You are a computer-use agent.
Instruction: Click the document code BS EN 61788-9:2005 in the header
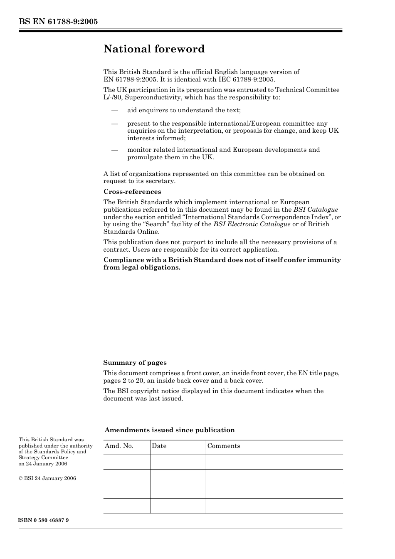pyautogui.click(x=58, y=22)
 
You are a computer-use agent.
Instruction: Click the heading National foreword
pyautogui.click(x=154, y=49)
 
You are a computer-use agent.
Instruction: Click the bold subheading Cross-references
pyautogui.click(x=132, y=192)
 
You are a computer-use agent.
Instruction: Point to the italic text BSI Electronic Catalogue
pyautogui.click(x=252, y=224)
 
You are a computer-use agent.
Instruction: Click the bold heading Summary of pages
pyautogui.click(x=135, y=363)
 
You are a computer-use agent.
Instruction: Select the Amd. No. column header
pyautogui.click(x=119, y=446)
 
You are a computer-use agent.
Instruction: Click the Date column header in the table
pyautogui.click(x=159, y=446)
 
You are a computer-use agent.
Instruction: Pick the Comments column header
pyautogui.click(x=223, y=446)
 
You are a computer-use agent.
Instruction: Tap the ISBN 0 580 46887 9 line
pyautogui.click(x=44, y=520)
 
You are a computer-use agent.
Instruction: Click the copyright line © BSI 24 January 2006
pyautogui.click(x=47, y=478)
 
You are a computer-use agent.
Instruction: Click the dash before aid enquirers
pyautogui.click(x=115, y=110)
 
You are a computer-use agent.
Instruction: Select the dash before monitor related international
pyautogui.click(x=115, y=150)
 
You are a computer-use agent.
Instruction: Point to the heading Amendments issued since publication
pyautogui.click(x=170, y=430)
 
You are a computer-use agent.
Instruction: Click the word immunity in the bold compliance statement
pyautogui.click(x=325, y=260)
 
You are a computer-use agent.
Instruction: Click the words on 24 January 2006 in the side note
pyautogui.click(x=43, y=464)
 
